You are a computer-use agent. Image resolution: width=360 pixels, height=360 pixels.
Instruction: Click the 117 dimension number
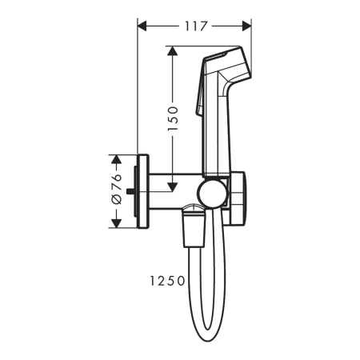(x=194, y=26)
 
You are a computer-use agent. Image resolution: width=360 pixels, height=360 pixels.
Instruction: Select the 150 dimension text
(x=174, y=119)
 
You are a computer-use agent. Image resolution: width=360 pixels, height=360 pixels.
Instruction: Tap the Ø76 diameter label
(x=115, y=189)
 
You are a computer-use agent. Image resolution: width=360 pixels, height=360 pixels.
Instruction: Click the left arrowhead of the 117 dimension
(x=143, y=26)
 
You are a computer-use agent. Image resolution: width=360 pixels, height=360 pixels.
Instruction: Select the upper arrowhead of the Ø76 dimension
(x=115, y=158)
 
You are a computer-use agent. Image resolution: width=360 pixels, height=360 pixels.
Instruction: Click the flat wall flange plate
(x=145, y=190)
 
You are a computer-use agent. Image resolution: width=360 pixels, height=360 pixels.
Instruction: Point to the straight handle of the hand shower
(x=216, y=128)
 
